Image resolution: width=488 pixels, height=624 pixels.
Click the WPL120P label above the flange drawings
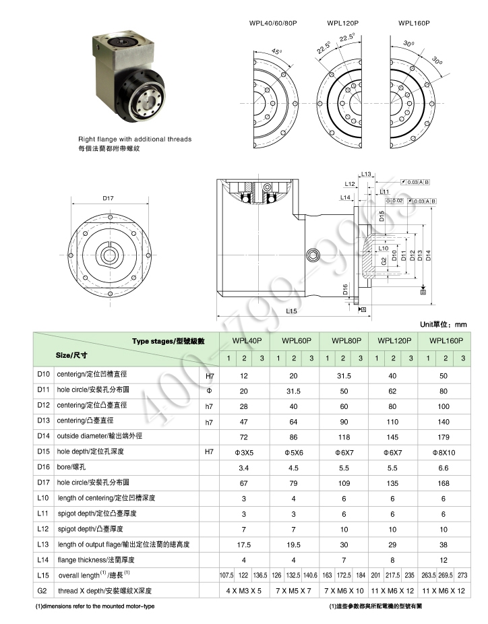342,22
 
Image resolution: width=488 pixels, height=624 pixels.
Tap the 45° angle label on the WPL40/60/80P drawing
275,51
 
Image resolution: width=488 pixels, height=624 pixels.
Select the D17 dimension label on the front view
108,198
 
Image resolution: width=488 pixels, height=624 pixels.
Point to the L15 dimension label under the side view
291,311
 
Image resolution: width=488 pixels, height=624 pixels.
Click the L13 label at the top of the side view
366,175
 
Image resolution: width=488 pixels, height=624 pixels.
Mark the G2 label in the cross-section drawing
384,259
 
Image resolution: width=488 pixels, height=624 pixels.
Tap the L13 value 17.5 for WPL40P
244,544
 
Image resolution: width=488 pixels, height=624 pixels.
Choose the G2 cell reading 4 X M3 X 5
244,590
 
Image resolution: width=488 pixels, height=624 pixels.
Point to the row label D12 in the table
44,406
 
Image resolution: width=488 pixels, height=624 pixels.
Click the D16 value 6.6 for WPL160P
444,466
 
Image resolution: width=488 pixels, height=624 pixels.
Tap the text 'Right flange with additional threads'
135,139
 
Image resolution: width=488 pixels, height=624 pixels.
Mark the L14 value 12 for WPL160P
444,559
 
